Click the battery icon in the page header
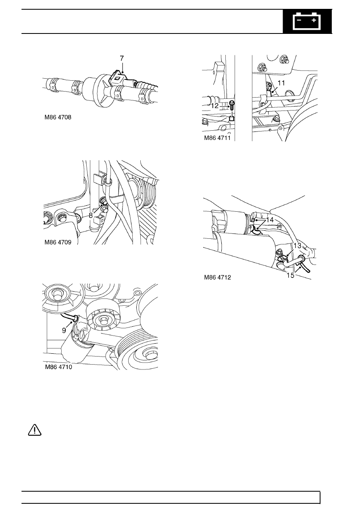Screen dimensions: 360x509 (307, 21)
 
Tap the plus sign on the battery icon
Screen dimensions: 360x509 (314, 20)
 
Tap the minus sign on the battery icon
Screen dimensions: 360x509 (300, 20)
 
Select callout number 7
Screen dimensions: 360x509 (122, 58)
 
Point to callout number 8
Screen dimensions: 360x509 (91, 215)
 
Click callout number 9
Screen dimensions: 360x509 (64, 330)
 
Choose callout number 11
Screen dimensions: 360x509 (281, 83)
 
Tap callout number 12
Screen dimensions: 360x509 (214, 106)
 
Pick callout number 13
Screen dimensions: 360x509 (297, 246)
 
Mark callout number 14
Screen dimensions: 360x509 (270, 220)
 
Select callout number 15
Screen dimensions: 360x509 (291, 275)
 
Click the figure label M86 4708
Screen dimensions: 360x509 (58, 117)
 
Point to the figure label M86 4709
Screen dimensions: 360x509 (58, 242)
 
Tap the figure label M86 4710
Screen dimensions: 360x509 (58, 367)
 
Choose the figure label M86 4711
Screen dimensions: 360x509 (217, 138)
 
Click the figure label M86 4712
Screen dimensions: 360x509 (218, 277)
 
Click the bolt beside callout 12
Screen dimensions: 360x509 (232, 106)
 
